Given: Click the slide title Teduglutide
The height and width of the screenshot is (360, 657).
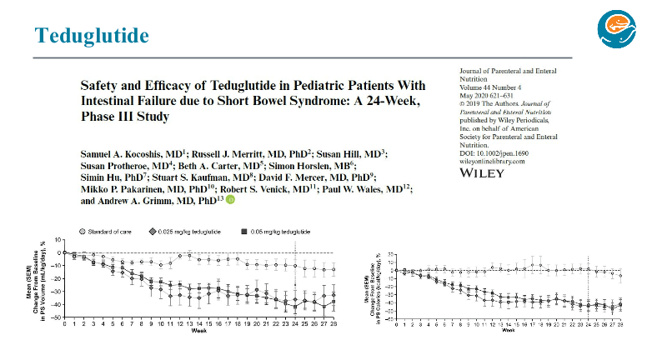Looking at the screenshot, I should [x=92, y=35].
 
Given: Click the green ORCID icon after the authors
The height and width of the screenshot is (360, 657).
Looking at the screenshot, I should [x=230, y=200].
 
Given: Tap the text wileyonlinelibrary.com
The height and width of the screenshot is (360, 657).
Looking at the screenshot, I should [x=494, y=161].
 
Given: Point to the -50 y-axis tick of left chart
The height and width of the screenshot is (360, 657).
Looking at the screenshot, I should [x=58, y=317].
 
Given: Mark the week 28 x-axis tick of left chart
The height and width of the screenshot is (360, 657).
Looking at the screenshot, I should [x=334, y=323].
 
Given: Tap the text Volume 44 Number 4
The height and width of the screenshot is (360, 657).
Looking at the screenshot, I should [x=490, y=87].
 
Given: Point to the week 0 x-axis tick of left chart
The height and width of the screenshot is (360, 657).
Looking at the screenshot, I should [x=64, y=323].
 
